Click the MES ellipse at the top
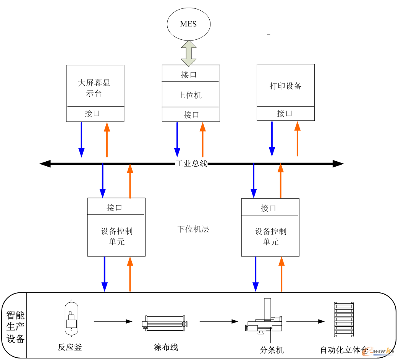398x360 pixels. pyautogui.click(x=188, y=24)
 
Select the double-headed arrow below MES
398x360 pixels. pyautogui.click(x=189, y=53)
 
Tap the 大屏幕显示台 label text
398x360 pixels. pyautogui.click(x=94, y=88)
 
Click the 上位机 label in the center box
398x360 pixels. pyautogui.click(x=190, y=95)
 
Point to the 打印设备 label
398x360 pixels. pyautogui.click(x=285, y=86)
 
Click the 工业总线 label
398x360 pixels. pyautogui.click(x=191, y=164)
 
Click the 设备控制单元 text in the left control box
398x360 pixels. pyautogui.click(x=116, y=236)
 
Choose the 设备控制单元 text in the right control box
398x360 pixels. pyautogui.click(x=270, y=236)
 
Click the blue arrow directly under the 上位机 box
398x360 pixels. pyautogui.click(x=177, y=139)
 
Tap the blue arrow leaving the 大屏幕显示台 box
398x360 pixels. pyautogui.click(x=81, y=139)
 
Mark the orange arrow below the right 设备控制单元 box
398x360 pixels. pyautogui.click(x=282, y=274)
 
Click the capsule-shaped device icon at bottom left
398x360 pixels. pyautogui.click(x=71, y=319)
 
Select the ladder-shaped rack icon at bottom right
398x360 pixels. pyautogui.click(x=344, y=319)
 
